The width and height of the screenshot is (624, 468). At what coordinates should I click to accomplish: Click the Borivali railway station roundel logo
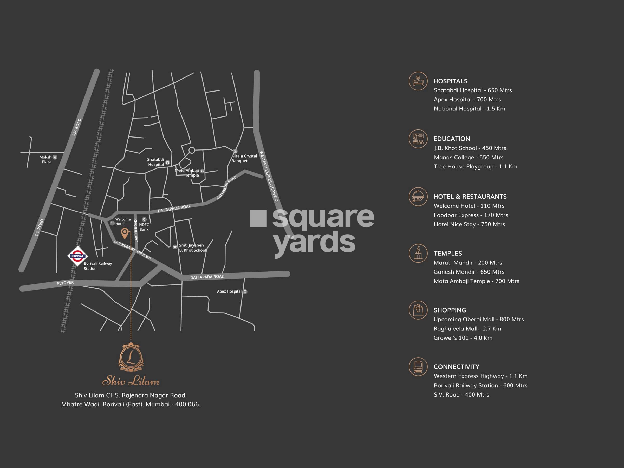click(77, 256)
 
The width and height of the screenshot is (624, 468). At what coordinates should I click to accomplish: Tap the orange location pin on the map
click(124, 233)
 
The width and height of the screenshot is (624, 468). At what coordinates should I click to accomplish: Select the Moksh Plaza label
click(46, 159)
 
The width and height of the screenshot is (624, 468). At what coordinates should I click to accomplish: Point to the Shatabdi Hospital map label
click(156, 162)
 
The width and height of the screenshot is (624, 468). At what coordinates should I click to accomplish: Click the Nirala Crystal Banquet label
click(244, 158)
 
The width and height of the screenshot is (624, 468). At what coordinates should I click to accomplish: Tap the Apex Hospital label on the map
click(229, 291)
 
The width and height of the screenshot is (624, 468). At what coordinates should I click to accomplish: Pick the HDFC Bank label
click(144, 227)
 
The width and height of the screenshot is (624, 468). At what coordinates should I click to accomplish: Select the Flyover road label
click(66, 283)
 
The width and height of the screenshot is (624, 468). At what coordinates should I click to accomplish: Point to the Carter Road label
click(136, 231)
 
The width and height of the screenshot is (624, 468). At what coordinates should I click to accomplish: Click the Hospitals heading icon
click(418, 81)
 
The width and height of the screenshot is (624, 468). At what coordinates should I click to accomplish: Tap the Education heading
click(452, 139)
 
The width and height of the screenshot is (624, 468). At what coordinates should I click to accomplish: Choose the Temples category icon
click(418, 253)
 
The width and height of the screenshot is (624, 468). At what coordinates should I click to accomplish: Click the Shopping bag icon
click(418, 310)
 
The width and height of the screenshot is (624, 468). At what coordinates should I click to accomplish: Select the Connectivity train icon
click(418, 367)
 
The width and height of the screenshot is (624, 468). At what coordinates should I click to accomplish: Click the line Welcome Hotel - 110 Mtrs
click(469, 206)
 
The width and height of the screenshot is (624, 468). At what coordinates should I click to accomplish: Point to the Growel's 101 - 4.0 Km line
click(463, 338)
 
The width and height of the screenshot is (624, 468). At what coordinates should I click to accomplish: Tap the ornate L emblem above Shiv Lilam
click(131, 357)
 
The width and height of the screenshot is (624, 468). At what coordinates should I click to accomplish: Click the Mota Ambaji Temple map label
click(187, 173)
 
